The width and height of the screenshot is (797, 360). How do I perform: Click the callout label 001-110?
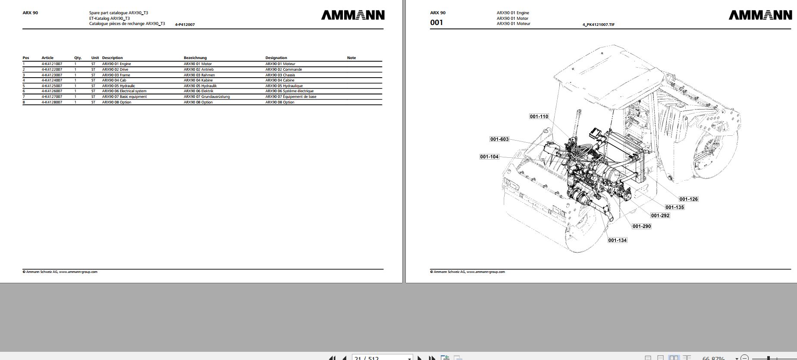point(539,116)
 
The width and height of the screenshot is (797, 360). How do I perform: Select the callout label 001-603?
point(499,139)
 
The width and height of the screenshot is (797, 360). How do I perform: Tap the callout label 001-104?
point(489,157)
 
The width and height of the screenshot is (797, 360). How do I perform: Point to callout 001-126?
point(688,199)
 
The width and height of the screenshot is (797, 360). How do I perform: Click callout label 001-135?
point(675,207)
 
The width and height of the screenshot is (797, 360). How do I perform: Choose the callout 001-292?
point(660,216)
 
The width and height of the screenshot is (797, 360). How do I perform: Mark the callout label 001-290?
point(641,226)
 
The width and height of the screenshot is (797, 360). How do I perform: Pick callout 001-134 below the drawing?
point(617,240)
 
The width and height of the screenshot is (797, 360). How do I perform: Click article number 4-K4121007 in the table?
point(52,64)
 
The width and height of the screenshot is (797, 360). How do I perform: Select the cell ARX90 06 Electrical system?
point(124,91)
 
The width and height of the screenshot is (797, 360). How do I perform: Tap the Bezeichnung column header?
point(195,58)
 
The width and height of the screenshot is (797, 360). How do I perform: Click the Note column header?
point(351,58)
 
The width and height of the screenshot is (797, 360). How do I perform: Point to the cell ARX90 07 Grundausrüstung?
point(207,97)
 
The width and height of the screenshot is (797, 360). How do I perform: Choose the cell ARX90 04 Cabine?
point(279,80)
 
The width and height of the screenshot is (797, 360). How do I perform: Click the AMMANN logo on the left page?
point(352,15)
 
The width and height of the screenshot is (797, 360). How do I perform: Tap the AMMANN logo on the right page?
point(760,15)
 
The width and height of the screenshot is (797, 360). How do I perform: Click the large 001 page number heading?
point(436,22)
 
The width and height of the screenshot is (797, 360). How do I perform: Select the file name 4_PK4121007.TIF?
point(598,25)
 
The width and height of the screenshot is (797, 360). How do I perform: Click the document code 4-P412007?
point(185,25)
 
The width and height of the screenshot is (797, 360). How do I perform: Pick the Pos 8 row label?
point(24,102)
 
